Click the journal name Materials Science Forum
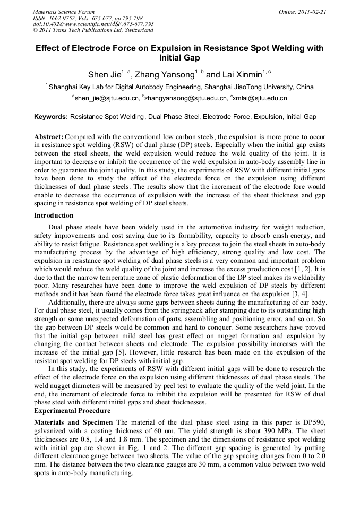[x=64, y=12]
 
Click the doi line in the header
[x=93, y=24]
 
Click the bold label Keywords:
[x=51, y=116]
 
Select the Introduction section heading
[x=54, y=215]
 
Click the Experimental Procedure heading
[x=72, y=411]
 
